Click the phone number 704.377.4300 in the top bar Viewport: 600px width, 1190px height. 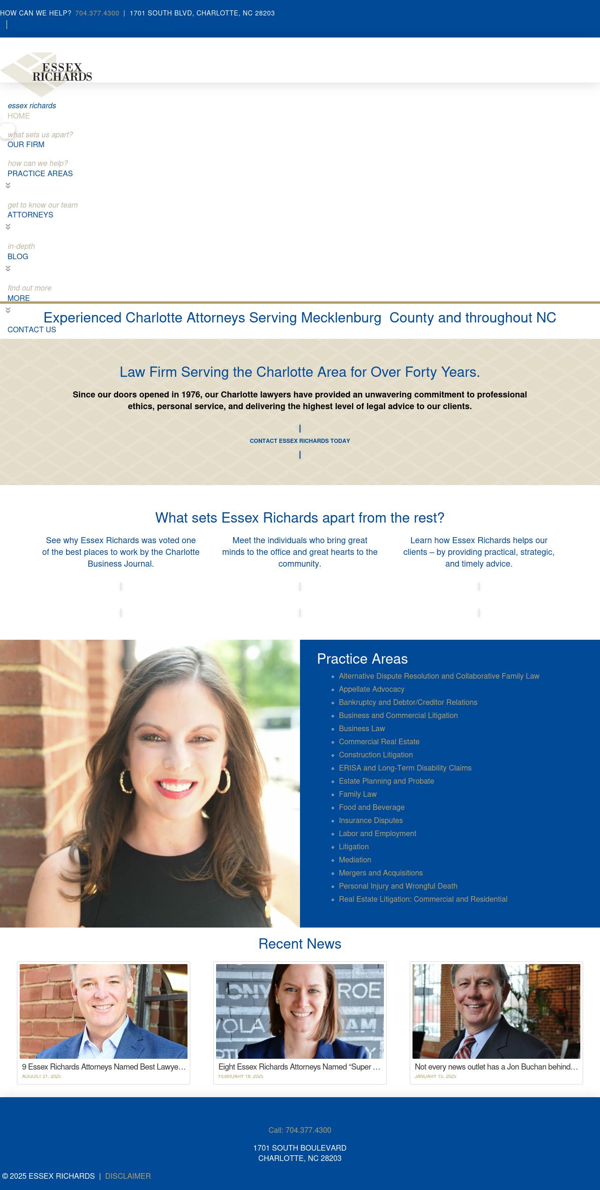coord(97,13)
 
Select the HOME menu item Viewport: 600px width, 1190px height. coord(19,116)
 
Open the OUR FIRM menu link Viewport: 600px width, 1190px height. coord(26,144)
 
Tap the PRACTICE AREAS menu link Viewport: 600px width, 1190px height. coord(40,173)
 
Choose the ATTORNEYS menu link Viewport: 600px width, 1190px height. coord(30,215)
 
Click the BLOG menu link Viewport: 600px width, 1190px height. coord(18,256)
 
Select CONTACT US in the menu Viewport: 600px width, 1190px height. coord(31,329)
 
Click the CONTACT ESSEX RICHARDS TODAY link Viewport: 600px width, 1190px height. coord(300,441)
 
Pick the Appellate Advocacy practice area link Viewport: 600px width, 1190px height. coord(371,689)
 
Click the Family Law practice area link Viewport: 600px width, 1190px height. coord(358,794)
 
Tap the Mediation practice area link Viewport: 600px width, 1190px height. coord(355,860)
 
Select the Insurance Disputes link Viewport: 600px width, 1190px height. coord(371,820)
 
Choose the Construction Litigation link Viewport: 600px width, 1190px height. coord(375,755)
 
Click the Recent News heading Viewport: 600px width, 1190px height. coord(300,943)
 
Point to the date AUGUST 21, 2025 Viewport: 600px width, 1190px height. coord(41,1076)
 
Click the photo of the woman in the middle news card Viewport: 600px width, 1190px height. coord(300,1011)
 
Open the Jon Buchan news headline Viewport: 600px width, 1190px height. coord(496,1067)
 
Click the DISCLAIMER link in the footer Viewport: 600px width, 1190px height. coord(127,1176)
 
